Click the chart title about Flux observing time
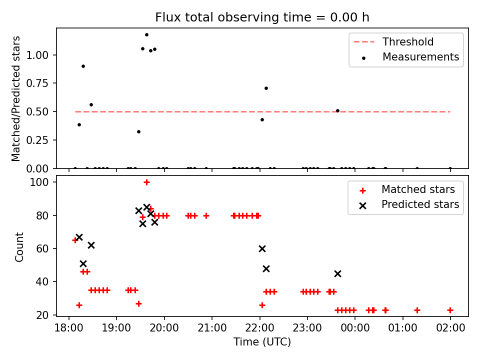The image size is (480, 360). [x=262, y=17]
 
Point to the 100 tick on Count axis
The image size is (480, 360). [x=44, y=182]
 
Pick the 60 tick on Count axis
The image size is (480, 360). [x=46, y=248]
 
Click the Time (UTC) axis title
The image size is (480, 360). [x=262, y=342]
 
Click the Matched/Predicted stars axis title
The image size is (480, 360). [x=16, y=98]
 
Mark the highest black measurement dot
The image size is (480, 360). [x=146, y=35]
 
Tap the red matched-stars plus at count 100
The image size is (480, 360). [x=146, y=182]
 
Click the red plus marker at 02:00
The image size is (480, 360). [x=450, y=310]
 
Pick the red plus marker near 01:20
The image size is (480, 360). [x=417, y=310]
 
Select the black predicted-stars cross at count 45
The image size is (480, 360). [x=337, y=273]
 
